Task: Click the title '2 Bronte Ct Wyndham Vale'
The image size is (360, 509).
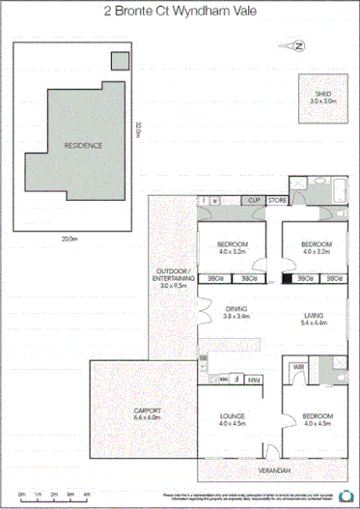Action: pos(180,12)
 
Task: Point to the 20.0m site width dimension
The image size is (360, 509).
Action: pos(69,237)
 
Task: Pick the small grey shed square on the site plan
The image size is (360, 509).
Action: pos(119,61)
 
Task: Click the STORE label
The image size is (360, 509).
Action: pos(277,200)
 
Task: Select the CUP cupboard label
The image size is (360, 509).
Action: pos(254,200)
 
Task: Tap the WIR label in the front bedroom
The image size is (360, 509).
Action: pos(298,368)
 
